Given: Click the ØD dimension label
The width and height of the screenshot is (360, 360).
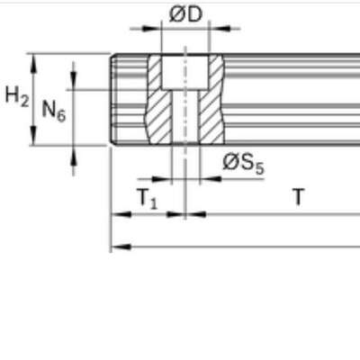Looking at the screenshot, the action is click(x=185, y=14).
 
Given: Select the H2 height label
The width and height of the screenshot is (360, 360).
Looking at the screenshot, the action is click(x=17, y=96).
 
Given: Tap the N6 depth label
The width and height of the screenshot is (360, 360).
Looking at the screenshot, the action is click(x=53, y=111).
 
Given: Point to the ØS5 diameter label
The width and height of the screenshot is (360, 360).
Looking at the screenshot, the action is click(x=243, y=165).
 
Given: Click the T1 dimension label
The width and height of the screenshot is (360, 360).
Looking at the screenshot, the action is click(x=147, y=199).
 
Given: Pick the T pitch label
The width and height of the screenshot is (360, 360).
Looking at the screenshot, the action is click(x=298, y=196).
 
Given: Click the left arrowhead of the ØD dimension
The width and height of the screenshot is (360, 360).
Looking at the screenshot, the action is click(x=150, y=29).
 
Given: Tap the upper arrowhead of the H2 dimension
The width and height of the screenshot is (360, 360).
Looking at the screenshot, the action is click(x=33, y=64).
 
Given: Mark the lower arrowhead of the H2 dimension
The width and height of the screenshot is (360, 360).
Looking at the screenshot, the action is click(x=33, y=136).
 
